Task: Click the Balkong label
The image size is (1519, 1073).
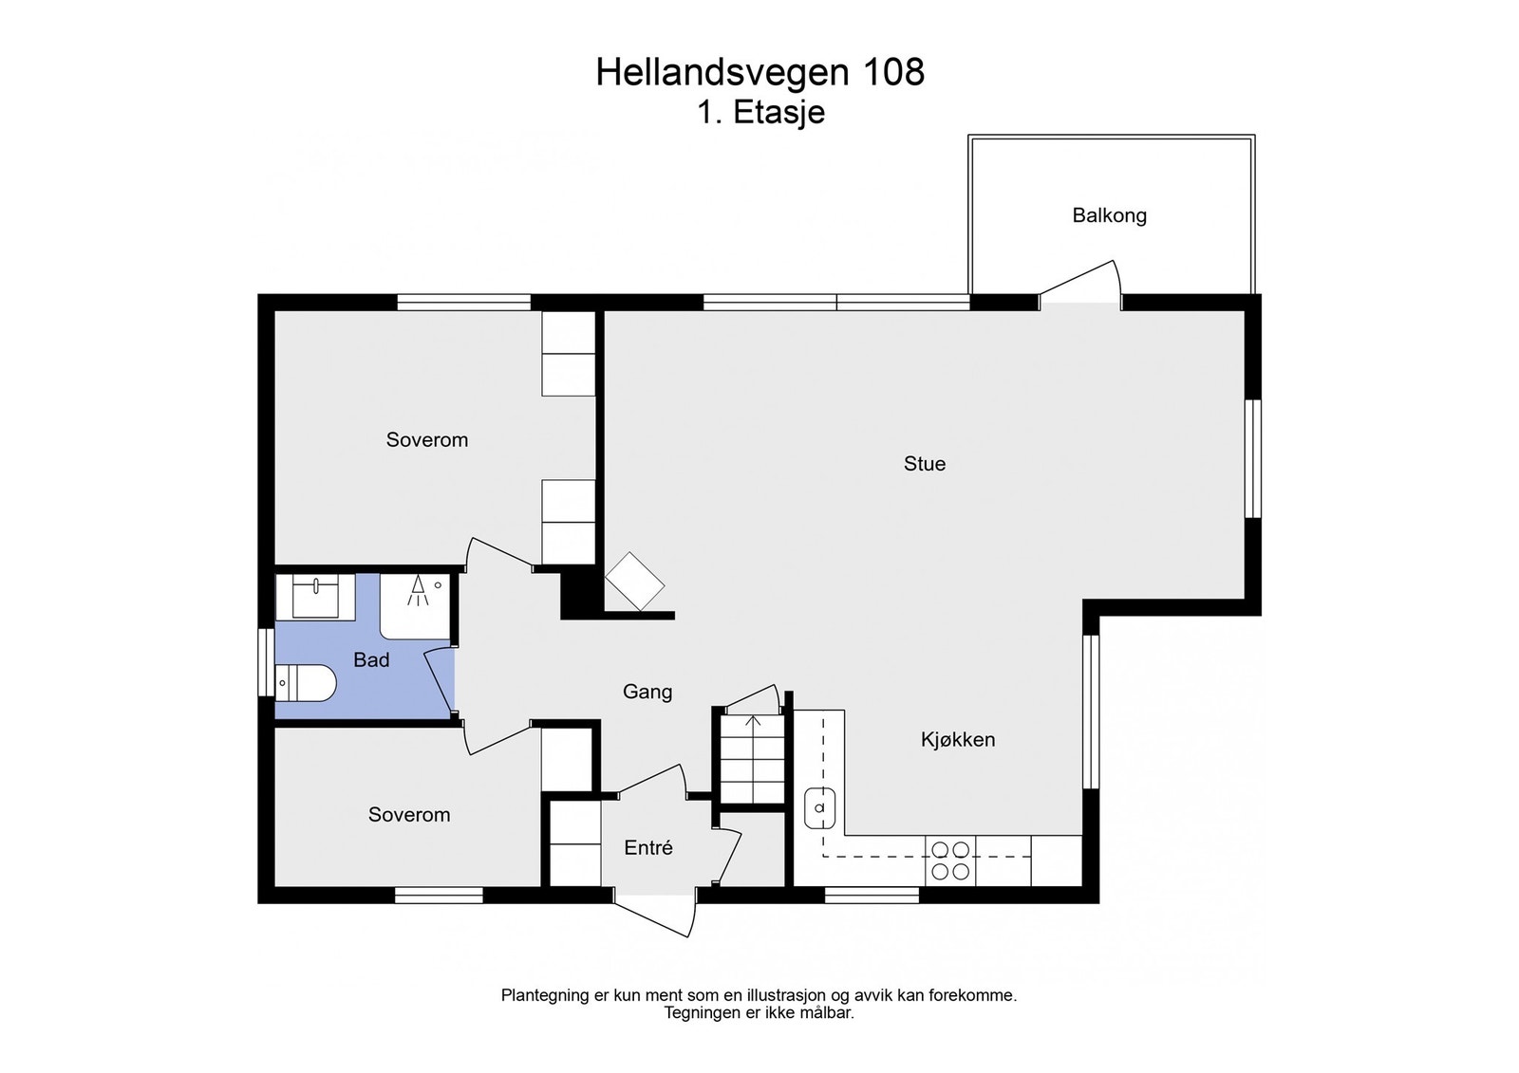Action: (x=1109, y=215)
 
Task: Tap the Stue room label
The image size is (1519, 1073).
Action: (x=924, y=464)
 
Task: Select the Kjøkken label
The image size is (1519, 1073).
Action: (x=957, y=740)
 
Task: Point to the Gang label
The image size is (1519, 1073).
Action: (x=647, y=693)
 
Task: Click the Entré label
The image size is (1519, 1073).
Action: (x=647, y=848)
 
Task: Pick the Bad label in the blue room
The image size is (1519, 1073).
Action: (x=371, y=660)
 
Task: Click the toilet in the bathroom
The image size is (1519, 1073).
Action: (x=307, y=683)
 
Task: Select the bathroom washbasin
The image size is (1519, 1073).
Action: (x=315, y=598)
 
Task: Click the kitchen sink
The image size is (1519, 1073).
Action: (x=819, y=808)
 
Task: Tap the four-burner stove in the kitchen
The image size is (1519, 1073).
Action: (x=950, y=860)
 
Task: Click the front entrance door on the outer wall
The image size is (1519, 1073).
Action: (x=655, y=913)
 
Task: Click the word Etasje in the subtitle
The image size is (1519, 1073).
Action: (x=778, y=113)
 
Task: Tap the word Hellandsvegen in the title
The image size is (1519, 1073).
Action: (x=723, y=73)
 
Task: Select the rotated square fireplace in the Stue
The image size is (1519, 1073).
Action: (x=635, y=581)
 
